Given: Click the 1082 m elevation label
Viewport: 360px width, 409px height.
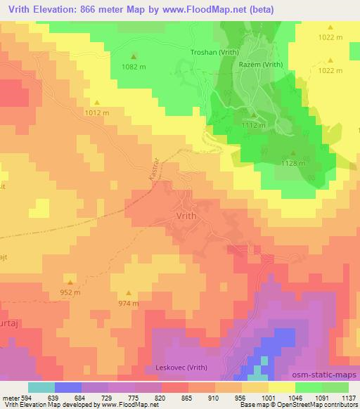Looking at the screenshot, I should point(134,66).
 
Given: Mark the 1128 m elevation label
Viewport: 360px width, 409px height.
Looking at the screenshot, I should point(293,163).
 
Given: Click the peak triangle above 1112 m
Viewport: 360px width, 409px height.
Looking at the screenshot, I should point(254,115).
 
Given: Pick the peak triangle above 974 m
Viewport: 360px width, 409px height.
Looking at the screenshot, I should point(128,293).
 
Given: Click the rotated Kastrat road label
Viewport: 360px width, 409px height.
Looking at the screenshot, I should point(155,168).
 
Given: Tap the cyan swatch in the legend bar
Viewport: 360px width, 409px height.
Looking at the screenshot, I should point(41,387).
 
